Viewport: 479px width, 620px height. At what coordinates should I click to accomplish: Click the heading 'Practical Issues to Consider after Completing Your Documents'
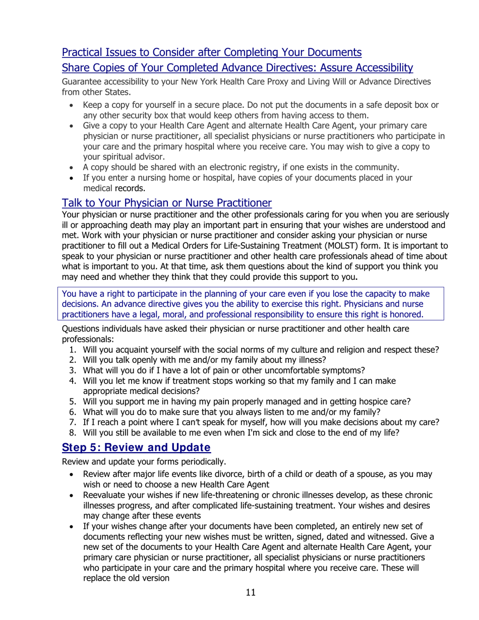coord(211,52)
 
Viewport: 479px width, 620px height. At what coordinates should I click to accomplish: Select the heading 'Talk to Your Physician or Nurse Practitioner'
coord(166,203)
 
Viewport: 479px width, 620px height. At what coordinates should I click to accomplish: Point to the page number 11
coord(251,592)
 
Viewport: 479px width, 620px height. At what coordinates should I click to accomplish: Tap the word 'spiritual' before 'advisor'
coord(115,156)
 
